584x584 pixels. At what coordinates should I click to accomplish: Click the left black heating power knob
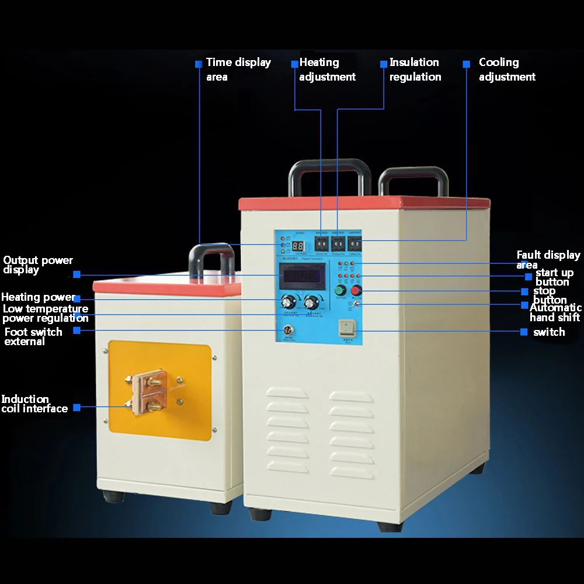tap(287, 302)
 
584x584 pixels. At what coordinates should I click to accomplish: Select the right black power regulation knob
tap(311, 302)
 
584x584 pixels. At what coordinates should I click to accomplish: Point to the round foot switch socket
tap(287, 331)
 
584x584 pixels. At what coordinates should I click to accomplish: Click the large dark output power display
tap(301, 274)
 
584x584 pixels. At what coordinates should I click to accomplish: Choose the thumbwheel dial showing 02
tap(355, 244)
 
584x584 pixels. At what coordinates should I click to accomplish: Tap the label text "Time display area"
tap(238, 69)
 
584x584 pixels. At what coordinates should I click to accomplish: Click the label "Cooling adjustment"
tap(507, 69)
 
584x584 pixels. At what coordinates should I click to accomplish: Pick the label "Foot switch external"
tap(33, 336)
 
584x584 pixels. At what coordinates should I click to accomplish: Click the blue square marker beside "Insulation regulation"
tap(384, 64)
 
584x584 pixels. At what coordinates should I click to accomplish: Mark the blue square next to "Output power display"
tap(77, 274)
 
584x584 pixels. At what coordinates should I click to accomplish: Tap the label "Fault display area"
tap(548, 259)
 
